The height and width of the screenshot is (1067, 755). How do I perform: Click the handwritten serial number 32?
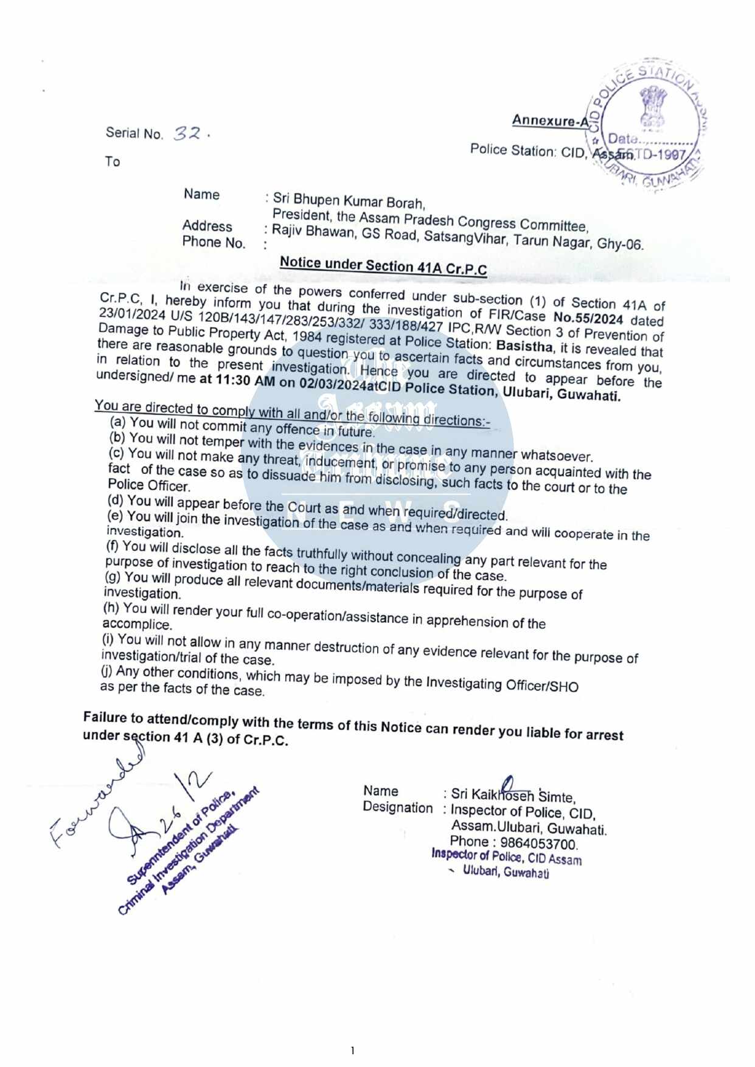point(187,133)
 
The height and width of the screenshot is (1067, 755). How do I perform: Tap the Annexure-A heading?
point(551,120)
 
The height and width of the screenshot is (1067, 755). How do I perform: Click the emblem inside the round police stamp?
point(653,106)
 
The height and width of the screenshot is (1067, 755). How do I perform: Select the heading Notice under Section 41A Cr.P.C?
point(383,265)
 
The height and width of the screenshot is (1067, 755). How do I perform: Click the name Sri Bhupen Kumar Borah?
point(349,200)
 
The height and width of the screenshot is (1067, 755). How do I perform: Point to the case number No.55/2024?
point(588,318)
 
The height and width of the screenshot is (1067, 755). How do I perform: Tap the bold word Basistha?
point(524,346)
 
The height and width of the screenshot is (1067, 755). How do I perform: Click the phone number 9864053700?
point(538,843)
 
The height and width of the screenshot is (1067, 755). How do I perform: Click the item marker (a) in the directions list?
point(118,422)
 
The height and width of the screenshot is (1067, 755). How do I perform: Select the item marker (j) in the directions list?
point(106,671)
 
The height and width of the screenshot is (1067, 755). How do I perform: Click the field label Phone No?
point(214,242)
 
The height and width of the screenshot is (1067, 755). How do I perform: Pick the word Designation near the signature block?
point(398,807)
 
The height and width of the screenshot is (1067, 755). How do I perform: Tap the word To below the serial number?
point(113,161)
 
